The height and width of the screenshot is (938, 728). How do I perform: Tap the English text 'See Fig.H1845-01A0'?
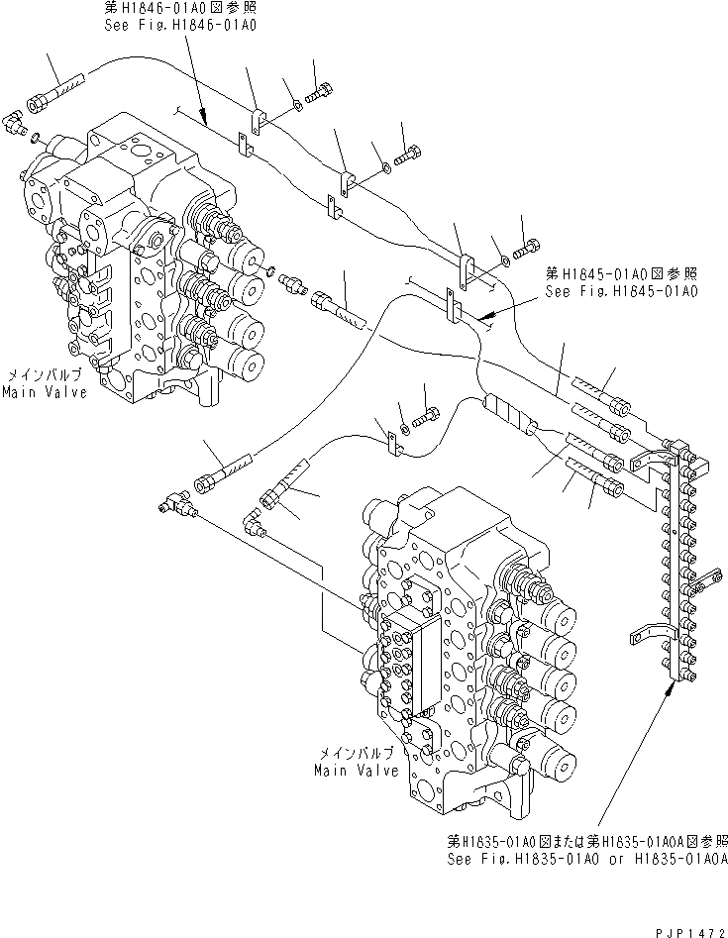(x=620, y=292)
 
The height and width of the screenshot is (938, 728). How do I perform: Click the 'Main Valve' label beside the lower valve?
(x=358, y=770)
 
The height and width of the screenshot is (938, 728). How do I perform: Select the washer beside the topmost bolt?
(x=297, y=105)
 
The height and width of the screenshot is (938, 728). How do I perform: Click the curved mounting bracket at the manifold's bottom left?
(x=644, y=632)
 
